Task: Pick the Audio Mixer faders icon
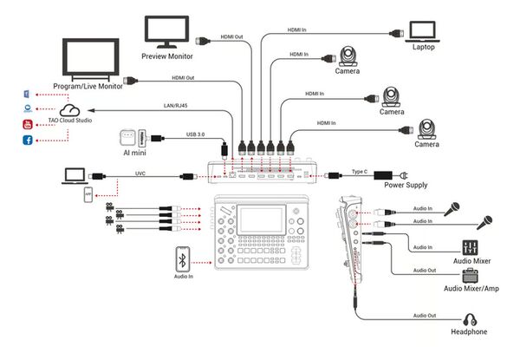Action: point(471,248)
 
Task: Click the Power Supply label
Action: point(406,184)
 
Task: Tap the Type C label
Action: point(361,172)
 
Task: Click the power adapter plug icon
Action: point(404,172)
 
